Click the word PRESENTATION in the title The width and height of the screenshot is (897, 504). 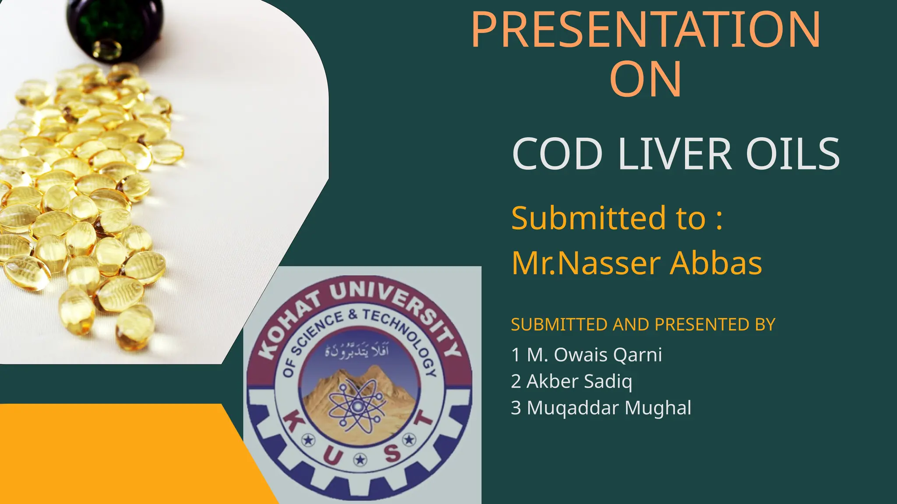[x=646, y=30]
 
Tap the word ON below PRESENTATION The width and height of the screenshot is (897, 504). [x=646, y=80]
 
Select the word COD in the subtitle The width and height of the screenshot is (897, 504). [x=557, y=154]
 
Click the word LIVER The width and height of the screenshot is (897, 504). [x=675, y=154]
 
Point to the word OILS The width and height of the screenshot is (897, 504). [x=793, y=154]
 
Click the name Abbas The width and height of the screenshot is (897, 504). [x=716, y=263]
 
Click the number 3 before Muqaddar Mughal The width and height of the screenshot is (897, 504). [x=516, y=408]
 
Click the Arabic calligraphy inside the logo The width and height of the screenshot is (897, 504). [x=357, y=351]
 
